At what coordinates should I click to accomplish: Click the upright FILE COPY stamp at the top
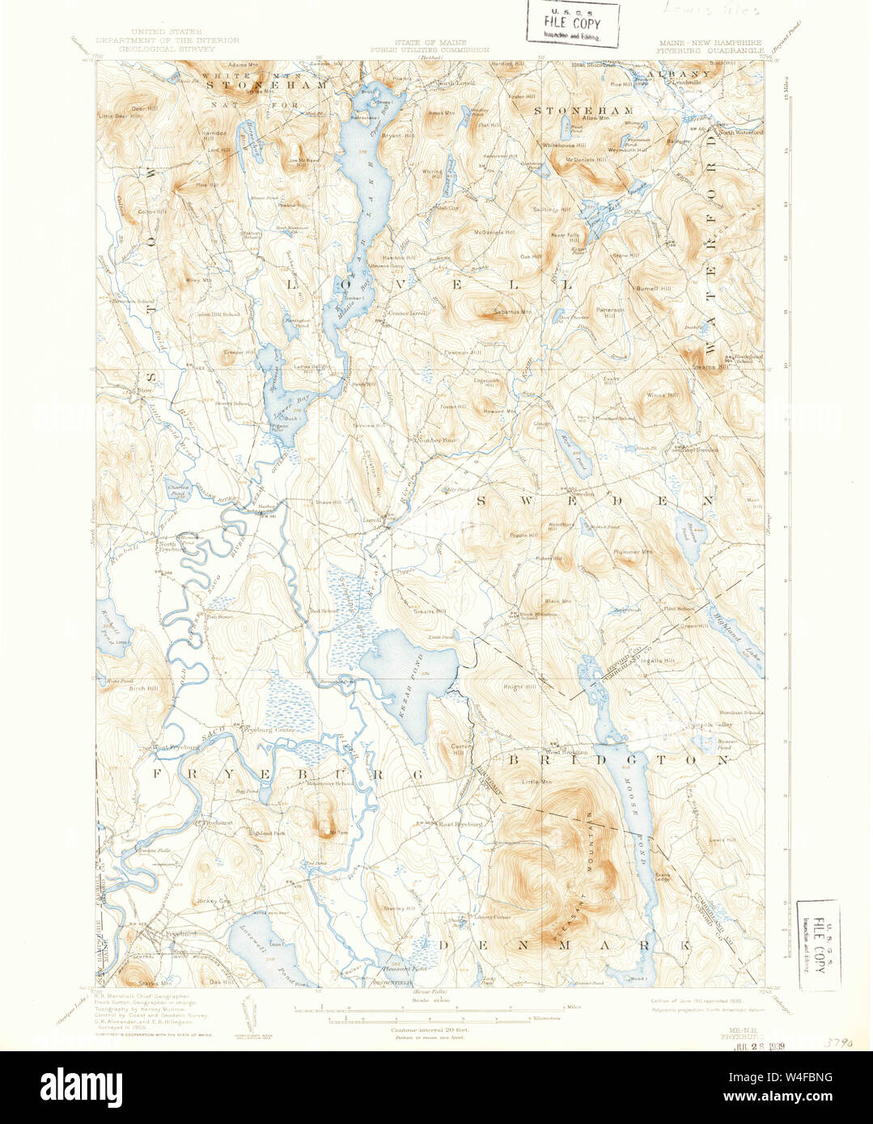pyautogui.click(x=573, y=24)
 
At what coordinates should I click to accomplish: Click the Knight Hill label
pyautogui.click(x=520, y=687)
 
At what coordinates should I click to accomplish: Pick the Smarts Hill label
pyautogui.click(x=429, y=611)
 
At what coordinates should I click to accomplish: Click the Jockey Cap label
pyautogui.click(x=215, y=900)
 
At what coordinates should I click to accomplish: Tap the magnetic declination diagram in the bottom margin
pyautogui.click(x=249, y=1010)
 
